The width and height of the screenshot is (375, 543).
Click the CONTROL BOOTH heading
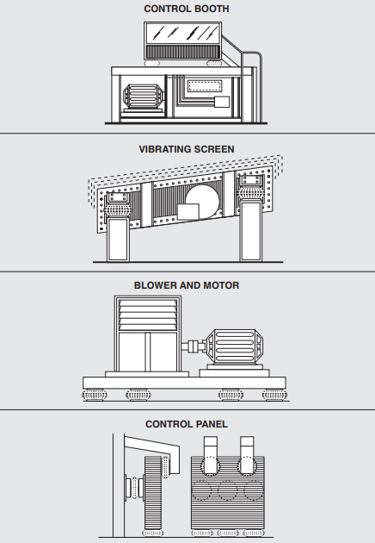tap(187, 9)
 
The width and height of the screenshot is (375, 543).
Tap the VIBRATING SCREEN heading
tap(187, 149)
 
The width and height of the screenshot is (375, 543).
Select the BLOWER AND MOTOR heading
tap(187, 285)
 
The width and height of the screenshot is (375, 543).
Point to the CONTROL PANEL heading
tap(187, 424)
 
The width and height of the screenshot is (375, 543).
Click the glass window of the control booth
tap(183, 34)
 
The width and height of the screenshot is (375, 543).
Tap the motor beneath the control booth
tap(143, 96)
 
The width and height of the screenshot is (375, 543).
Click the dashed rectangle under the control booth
tap(204, 86)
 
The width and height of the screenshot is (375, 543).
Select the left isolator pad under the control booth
tap(151, 64)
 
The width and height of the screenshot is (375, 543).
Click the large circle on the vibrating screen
tap(202, 201)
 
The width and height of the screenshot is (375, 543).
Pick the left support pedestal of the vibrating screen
tap(118, 240)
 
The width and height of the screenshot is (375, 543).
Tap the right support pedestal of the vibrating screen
tap(251, 231)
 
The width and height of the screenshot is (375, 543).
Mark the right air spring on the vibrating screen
tap(251, 193)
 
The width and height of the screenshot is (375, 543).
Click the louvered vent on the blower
tap(148, 315)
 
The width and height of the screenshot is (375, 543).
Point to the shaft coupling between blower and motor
tap(194, 346)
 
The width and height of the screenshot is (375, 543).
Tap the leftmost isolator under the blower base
tap(94, 395)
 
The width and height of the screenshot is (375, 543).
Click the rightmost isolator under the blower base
tap(274, 395)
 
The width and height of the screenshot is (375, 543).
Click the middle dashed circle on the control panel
tap(228, 490)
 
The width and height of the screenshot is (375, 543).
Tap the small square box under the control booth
tap(222, 102)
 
